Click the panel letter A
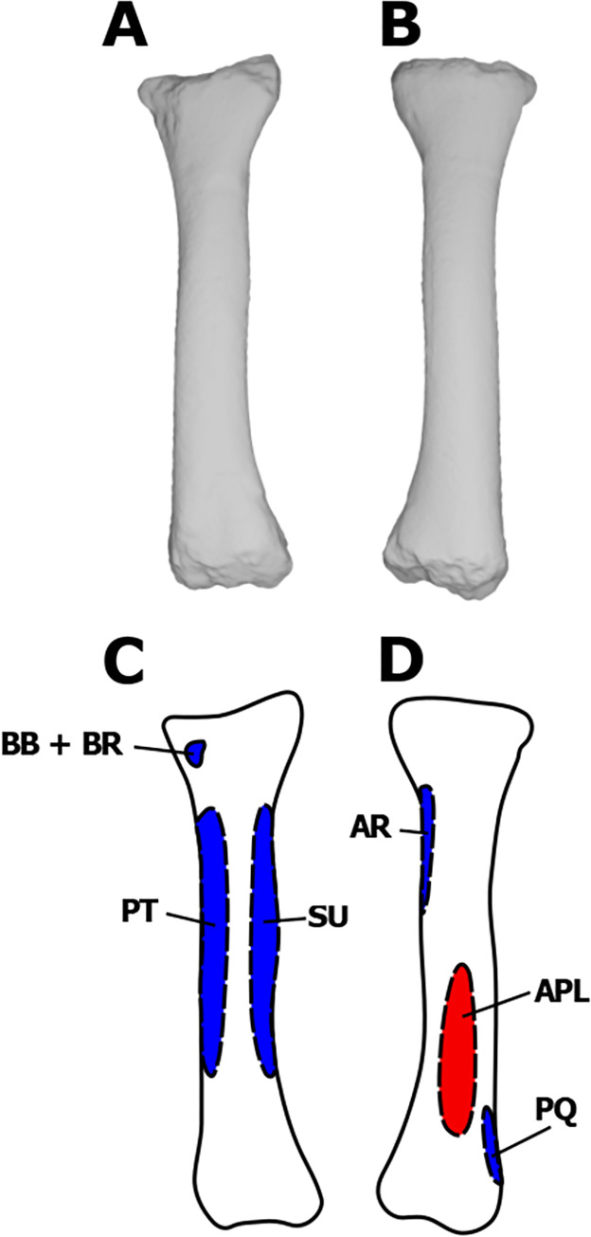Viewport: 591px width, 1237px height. click(125, 27)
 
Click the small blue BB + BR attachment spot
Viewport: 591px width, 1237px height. click(196, 754)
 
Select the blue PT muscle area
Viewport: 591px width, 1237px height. click(212, 938)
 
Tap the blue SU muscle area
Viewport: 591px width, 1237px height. click(263, 938)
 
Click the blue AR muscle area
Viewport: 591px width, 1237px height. click(427, 844)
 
